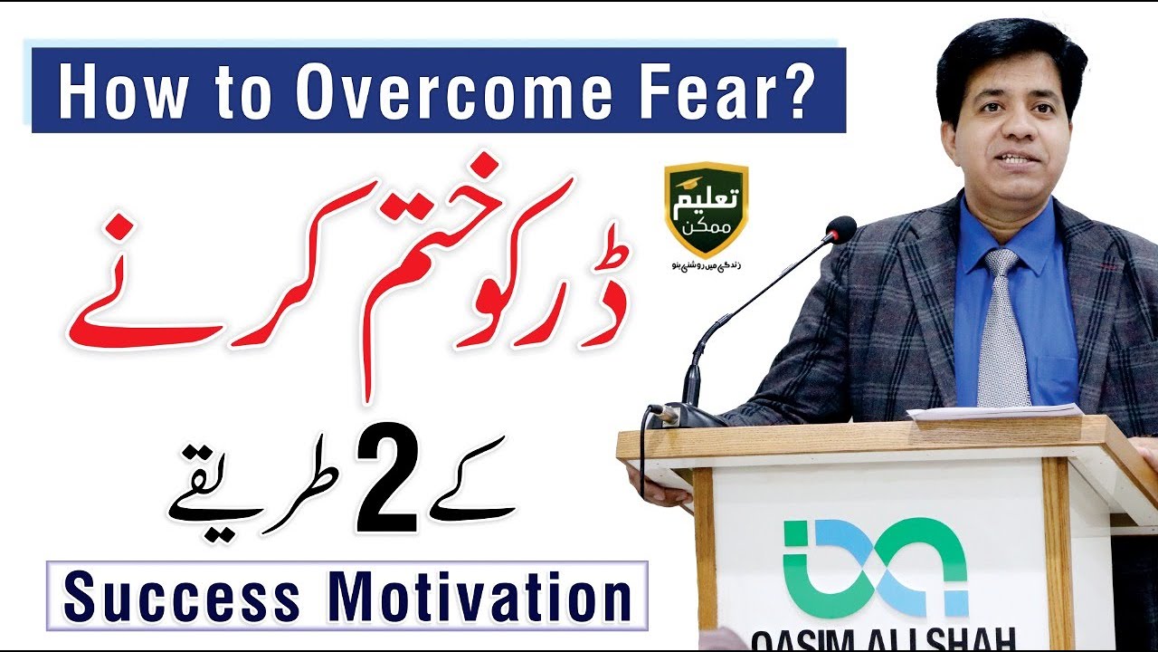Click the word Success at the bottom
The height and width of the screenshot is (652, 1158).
point(182,597)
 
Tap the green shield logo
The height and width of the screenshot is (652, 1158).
point(706,208)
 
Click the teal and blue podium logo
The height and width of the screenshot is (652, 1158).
point(875,566)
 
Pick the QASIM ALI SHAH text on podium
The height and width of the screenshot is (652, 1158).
point(882,638)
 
